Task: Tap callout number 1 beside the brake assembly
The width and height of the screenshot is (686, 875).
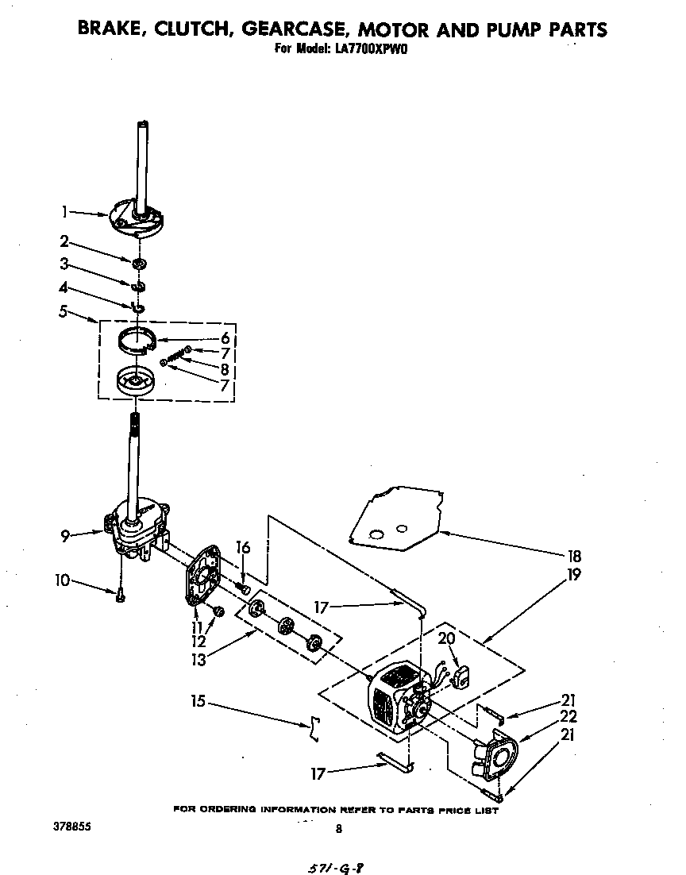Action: coord(64,211)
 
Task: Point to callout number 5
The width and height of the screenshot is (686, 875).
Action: coord(64,311)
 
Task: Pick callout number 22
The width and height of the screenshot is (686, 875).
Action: coord(568,716)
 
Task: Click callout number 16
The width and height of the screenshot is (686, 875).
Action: coord(243,547)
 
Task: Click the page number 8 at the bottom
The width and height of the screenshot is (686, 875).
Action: coord(339,829)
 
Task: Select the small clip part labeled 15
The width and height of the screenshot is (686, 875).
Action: coord(314,727)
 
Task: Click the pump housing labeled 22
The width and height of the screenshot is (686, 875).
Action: coord(496,758)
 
